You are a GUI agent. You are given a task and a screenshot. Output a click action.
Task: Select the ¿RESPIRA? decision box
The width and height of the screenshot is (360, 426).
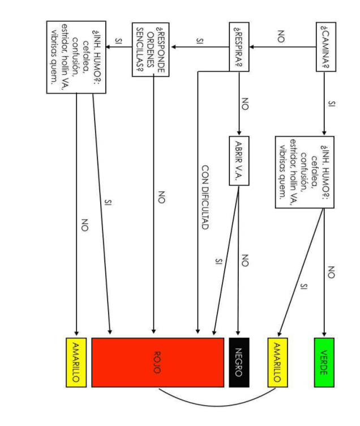[239, 48]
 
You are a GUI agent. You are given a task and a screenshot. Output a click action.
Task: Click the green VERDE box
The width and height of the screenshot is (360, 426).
[324, 363]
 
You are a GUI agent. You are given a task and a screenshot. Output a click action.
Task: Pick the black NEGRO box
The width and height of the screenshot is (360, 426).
[239, 363]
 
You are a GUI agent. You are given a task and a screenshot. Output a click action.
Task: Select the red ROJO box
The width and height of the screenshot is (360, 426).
[158, 363]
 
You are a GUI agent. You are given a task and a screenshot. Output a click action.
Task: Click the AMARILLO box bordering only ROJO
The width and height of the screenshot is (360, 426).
[76, 363]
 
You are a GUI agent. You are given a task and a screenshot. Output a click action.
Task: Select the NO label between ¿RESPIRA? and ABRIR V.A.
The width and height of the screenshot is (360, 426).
[246, 103]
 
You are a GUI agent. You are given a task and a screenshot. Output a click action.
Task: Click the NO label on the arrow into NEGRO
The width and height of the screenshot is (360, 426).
[246, 260]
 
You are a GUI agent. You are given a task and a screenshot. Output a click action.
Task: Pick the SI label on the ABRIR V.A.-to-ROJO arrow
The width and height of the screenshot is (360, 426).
[218, 261]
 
